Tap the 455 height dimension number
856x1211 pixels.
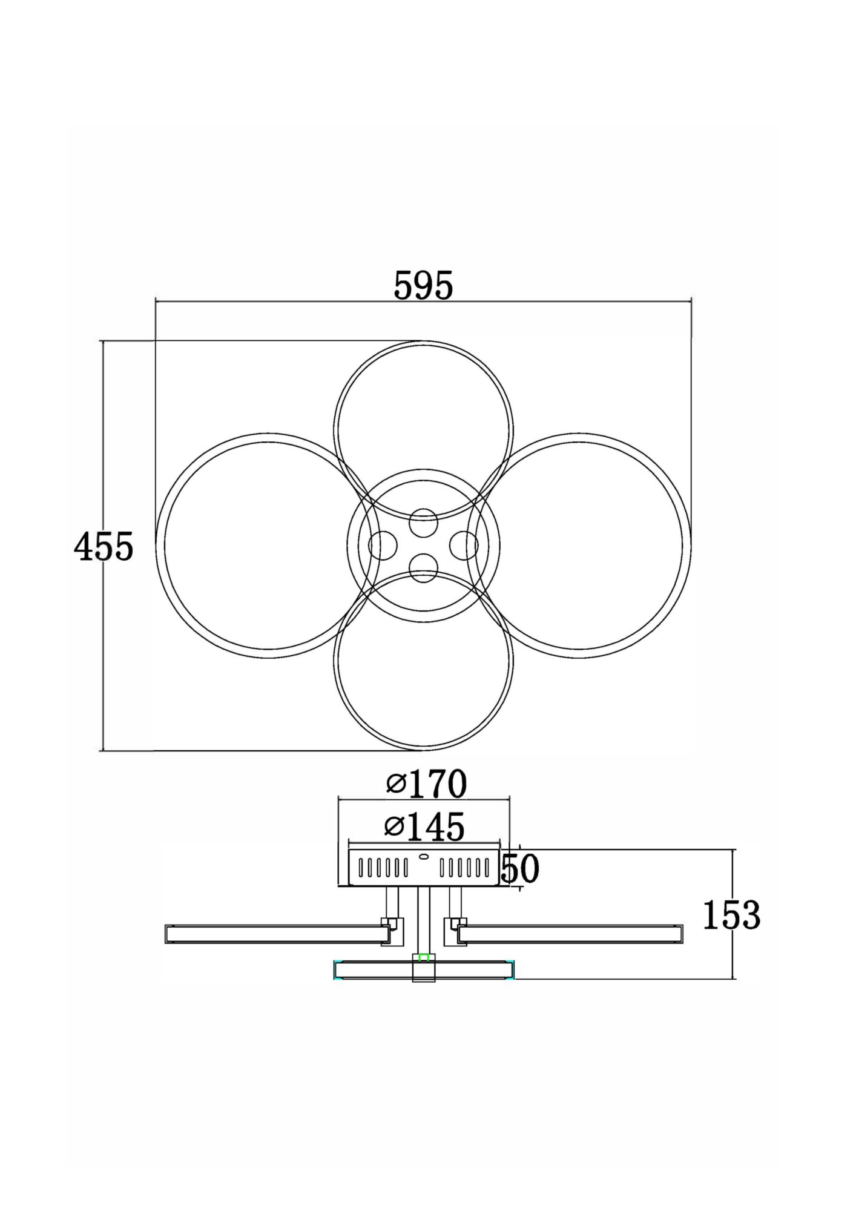pos(103,547)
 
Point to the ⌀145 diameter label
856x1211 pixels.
pos(425,827)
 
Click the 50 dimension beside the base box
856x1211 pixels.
pos(520,869)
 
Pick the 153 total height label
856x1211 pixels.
pos(731,932)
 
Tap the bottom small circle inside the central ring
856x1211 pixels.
pos(423,568)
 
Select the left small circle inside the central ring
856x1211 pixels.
pos(383,546)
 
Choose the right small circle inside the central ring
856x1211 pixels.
pos(464,546)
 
